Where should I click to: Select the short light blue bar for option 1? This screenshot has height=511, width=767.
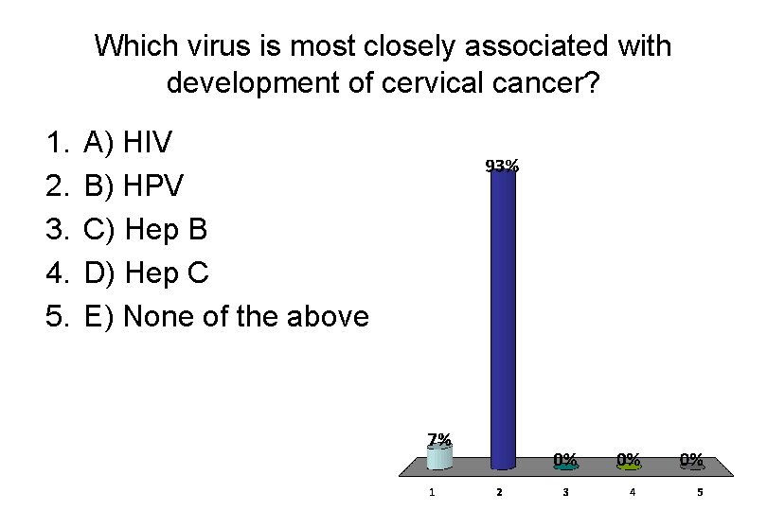point(438,458)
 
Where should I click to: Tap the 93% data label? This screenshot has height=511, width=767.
point(502,166)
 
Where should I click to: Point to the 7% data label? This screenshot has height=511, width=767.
point(438,439)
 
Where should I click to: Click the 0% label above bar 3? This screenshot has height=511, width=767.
point(565,459)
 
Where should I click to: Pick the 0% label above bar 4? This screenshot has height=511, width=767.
point(629,459)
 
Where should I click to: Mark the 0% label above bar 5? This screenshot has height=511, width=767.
point(692,459)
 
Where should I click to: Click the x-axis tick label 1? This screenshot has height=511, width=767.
point(432,492)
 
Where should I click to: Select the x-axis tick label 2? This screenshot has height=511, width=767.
point(499,492)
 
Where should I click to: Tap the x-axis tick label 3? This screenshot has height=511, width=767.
point(565,492)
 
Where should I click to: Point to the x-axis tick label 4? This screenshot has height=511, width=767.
point(633,492)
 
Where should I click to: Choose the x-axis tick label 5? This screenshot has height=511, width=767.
point(700,492)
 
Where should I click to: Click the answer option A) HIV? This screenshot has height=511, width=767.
point(128,144)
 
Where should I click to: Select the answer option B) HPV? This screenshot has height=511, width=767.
point(134,186)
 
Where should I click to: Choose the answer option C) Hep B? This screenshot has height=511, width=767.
point(145,230)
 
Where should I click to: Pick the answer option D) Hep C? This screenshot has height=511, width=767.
point(146,273)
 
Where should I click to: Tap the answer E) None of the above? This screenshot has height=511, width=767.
point(226,316)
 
